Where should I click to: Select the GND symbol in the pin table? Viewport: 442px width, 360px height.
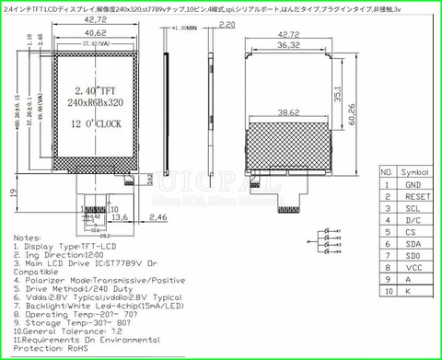click(x=413, y=184)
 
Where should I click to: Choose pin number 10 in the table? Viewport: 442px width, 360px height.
click(x=386, y=293)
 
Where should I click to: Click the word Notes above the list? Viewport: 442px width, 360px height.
click(x=28, y=237)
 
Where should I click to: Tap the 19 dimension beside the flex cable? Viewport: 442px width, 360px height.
click(x=12, y=192)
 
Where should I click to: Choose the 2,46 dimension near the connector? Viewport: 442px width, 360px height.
click(x=157, y=217)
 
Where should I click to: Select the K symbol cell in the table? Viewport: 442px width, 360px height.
click(x=413, y=293)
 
